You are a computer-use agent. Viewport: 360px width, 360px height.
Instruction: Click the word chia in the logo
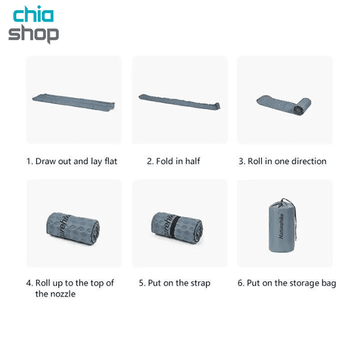pyautogui.click(x=34, y=14)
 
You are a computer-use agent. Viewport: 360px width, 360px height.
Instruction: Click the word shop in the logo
pyautogui.click(x=34, y=34)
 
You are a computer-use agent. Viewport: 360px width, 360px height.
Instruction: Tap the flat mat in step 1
pyautogui.click(x=73, y=102)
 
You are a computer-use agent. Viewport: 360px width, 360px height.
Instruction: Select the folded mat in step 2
pyautogui.click(x=179, y=101)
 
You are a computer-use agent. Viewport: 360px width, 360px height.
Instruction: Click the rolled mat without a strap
pyautogui.click(x=73, y=229)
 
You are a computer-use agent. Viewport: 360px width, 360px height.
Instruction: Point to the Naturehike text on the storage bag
pyautogui.click(x=281, y=226)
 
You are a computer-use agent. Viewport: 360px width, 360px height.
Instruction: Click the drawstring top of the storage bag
pyautogui.click(x=284, y=202)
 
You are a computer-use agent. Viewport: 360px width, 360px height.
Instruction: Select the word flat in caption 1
pyautogui.click(x=111, y=161)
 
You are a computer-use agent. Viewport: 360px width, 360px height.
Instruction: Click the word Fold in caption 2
pyautogui.click(x=164, y=161)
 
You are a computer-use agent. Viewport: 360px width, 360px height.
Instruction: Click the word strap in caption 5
pyautogui.click(x=200, y=283)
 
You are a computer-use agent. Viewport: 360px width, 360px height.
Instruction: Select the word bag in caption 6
pyautogui.click(x=329, y=283)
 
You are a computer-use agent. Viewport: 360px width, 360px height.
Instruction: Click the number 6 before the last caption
pyautogui.click(x=240, y=283)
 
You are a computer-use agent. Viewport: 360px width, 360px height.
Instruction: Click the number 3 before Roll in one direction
pyautogui.click(x=241, y=161)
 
